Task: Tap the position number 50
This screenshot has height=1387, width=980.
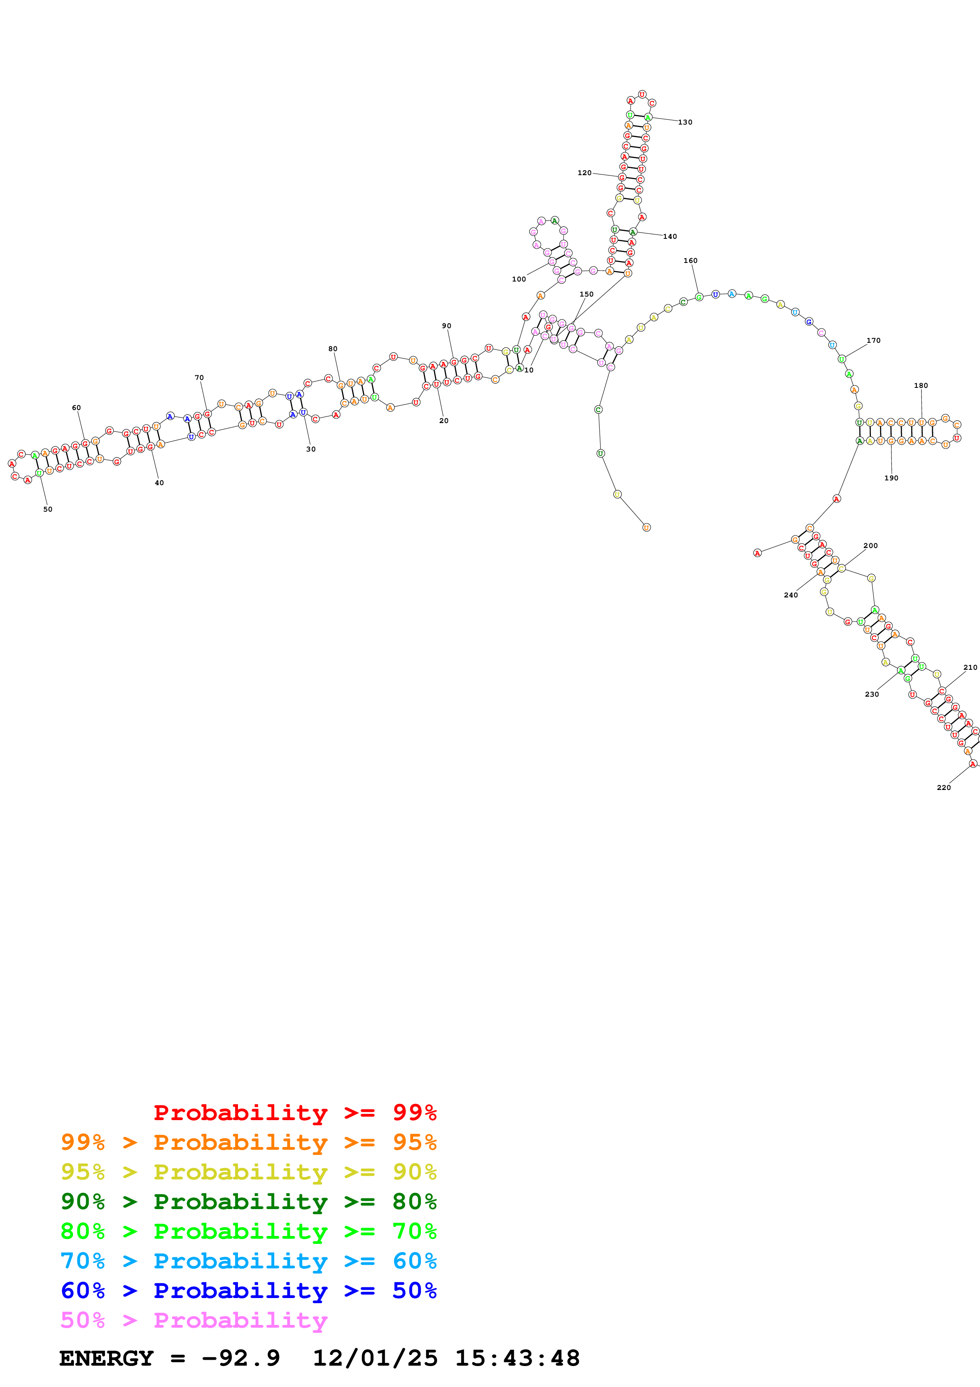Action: pyautogui.click(x=48, y=509)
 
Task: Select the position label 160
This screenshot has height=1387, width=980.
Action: pyautogui.click(x=690, y=261)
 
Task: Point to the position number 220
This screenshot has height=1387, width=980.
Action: pyautogui.click(x=943, y=788)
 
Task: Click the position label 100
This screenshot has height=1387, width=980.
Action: pyautogui.click(x=519, y=279)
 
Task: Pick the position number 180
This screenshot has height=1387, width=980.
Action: pyautogui.click(x=921, y=385)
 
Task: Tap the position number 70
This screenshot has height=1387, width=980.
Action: pyautogui.click(x=199, y=378)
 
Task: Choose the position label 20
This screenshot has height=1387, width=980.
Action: pyautogui.click(x=444, y=420)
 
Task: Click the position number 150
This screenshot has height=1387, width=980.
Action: pyautogui.click(x=586, y=294)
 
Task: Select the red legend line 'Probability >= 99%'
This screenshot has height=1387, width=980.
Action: pyautogui.click(x=295, y=1113)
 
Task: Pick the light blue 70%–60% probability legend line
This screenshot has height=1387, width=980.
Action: pyautogui.click(x=248, y=1261)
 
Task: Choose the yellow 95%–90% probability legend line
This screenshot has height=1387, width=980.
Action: pyautogui.click(x=248, y=1172)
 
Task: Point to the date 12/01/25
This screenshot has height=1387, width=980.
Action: pyautogui.click(x=375, y=1359)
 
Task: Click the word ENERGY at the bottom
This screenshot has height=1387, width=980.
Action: pyautogui.click(x=106, y=1359)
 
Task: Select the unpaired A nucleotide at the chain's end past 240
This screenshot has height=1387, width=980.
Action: pyautogui.click(x=757, y=553)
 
